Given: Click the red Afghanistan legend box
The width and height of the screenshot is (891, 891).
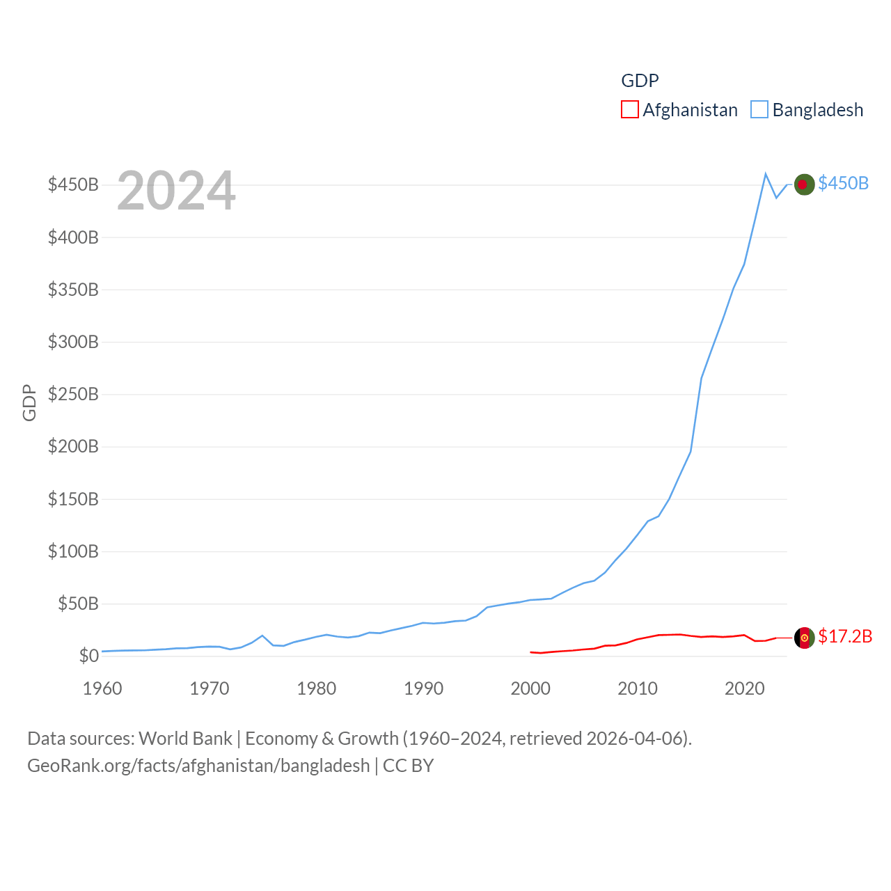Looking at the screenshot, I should [629, 110].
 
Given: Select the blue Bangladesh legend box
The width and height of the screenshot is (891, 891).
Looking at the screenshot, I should [759, 110].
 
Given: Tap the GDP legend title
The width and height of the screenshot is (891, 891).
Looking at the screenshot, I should [640, 81].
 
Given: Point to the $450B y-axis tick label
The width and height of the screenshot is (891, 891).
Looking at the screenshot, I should [73, 184].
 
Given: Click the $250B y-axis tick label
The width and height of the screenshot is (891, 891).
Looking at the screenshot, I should [73, 394].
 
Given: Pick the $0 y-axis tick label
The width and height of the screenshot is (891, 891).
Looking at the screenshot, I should [88, 656].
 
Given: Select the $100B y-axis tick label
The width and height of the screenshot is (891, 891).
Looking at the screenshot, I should [73, 551].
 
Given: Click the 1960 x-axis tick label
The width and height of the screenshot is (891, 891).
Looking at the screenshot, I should [102, 688].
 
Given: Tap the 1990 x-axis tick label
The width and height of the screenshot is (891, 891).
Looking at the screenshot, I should [423, 688].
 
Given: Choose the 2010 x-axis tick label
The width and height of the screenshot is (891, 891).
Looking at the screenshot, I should [638, 688].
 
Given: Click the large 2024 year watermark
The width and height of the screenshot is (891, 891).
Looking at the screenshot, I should [176, 191].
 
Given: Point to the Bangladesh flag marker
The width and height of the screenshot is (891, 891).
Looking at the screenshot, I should [804, 184].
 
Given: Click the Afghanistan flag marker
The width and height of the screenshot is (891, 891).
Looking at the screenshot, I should [804, 638].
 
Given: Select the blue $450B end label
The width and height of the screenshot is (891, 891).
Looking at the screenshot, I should [843, 183].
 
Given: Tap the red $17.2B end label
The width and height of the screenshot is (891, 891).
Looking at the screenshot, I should [845, 636].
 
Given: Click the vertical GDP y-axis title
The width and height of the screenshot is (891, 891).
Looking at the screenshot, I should [29, 402].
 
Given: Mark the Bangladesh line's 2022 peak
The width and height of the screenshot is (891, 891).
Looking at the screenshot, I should [766, 174].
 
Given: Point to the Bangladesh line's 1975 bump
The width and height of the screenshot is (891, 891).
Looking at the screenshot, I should [262, 636].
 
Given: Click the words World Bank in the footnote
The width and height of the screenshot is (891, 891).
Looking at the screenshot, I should [186, 738].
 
